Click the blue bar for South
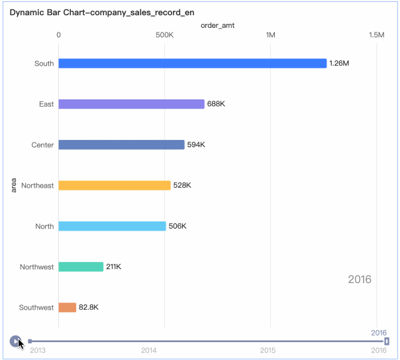pos(192,64)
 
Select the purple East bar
pos(131,104)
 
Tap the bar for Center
pos(121,145)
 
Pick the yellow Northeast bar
pos(114,186)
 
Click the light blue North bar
pos(112,226)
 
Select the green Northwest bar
pos(81,267)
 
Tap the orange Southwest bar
pos(67,308)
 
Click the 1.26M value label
pos(339,64)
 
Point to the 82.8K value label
pos(89,308)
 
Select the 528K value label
pos(182,186)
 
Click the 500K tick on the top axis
pos(164,34)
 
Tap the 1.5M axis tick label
pos(376,34)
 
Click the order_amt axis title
pos(217,25)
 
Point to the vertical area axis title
pos(14,185)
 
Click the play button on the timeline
pos(15,341)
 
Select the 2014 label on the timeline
pos(148,350)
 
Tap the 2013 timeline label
pos(38,350)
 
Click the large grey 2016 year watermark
pos(360,279)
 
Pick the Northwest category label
pos(37,267)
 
